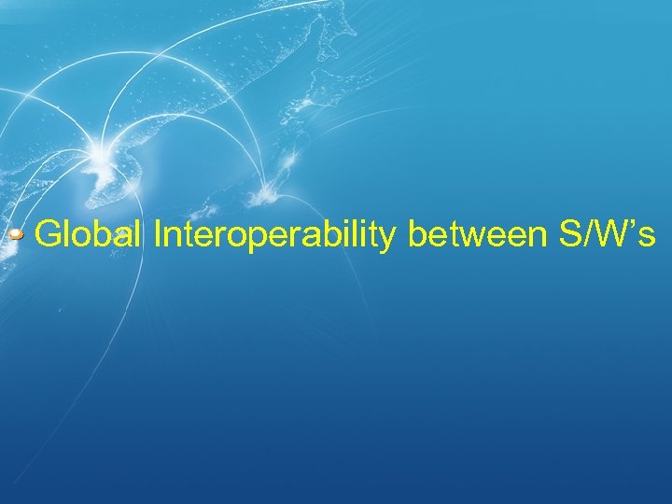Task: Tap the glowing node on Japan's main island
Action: [265, 193]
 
